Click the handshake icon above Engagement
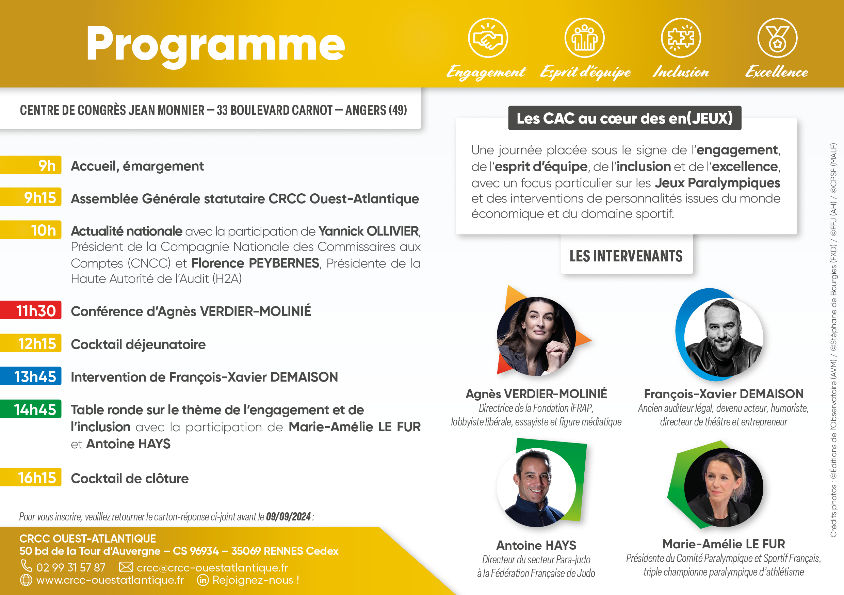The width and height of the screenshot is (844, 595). tap(488, 37)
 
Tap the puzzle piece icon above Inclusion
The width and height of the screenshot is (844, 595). tap(681, 37)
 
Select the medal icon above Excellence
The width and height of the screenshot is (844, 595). tap(777, 37)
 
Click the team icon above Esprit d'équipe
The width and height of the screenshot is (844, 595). tap(584, 37)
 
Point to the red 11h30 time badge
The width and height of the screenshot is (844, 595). tap(31, 310)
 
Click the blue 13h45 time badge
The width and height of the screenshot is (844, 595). tap(31, 376)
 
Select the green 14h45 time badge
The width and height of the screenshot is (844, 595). tap(31, 409)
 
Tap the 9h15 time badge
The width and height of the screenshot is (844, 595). tap(31, 197)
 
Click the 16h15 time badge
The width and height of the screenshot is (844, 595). tap(31, 477)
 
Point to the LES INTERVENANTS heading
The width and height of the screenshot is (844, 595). tap(626, 256)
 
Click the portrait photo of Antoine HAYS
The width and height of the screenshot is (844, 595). tap(536, 488)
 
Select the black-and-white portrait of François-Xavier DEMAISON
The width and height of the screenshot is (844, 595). tap(724, 337)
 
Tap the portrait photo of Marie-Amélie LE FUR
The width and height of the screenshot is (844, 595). tap(724, 488)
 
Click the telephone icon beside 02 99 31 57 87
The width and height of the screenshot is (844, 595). tap(27, 566)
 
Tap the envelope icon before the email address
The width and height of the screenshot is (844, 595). tap(126, 567)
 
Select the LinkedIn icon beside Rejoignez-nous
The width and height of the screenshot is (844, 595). tap(203, 580)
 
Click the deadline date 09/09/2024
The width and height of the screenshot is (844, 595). tap(289, 517)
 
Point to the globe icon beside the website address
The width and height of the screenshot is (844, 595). tap(26, 580)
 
